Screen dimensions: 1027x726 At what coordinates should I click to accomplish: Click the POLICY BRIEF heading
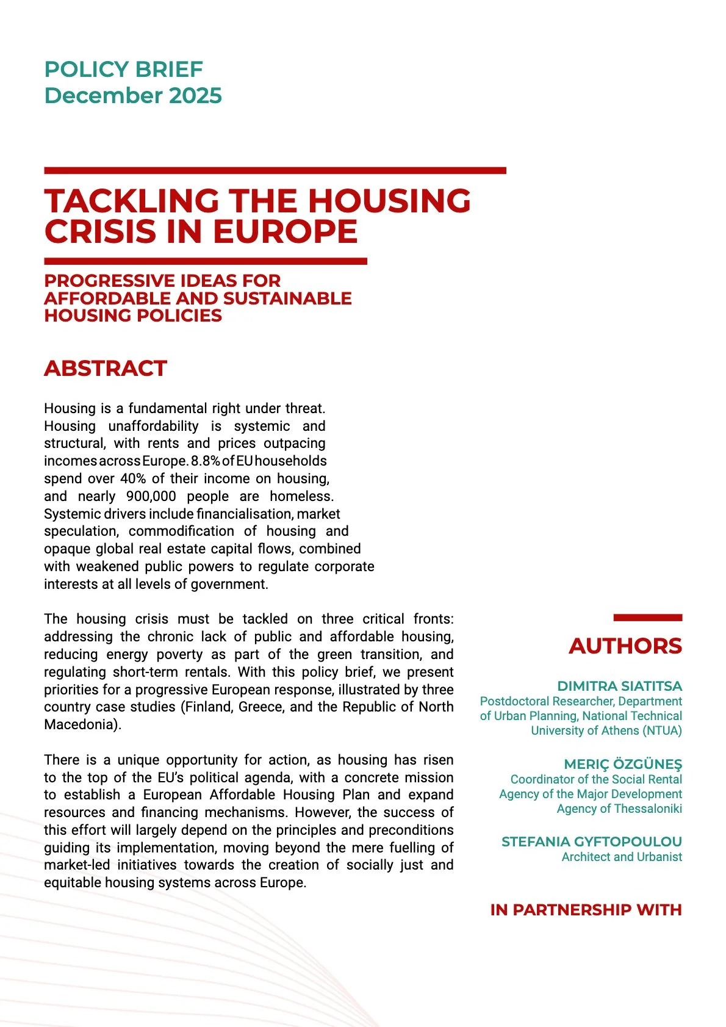[x=123, y=70]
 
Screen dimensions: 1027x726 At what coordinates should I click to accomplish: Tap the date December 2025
[x=133, y=96]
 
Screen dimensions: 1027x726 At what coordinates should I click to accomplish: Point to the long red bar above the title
[x=275, y=171]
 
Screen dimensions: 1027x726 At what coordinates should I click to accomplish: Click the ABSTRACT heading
[x=105, y=369]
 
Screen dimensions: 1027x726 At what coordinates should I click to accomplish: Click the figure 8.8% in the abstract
[x=205, y=461]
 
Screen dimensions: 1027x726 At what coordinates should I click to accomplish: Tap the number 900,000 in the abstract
[x=151, y=496]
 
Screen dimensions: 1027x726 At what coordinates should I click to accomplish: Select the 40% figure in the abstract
[x=133, y=479]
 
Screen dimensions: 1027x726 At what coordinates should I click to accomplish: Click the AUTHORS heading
[x=625, y=646]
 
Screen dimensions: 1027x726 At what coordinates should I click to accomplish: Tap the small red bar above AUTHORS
[x=647, y=618]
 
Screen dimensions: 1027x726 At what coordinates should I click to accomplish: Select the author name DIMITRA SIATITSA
[x=619, y=686]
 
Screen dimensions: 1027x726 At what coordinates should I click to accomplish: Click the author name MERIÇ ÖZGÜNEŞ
[x=622, y=764]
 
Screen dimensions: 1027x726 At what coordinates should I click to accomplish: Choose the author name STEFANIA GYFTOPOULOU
[x=591, y=841]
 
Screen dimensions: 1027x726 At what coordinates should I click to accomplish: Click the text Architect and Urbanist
[x=621, y=857]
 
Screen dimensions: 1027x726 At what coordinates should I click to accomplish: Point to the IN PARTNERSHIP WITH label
[x=586, y=910]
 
